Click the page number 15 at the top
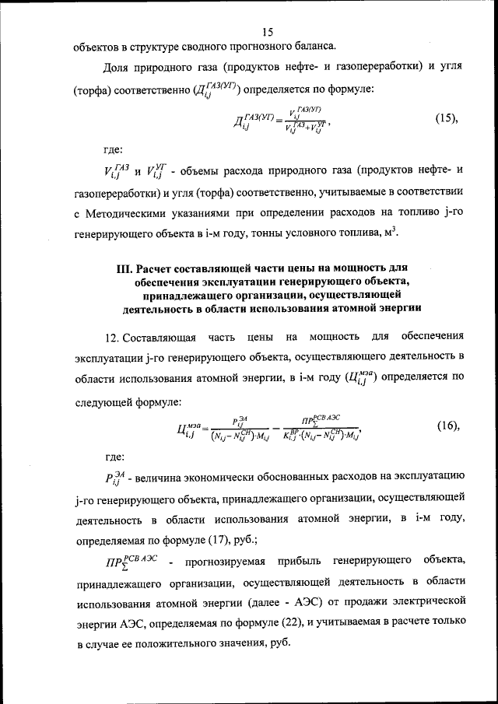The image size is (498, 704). point(268,32)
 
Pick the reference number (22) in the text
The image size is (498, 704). point(253,622)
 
